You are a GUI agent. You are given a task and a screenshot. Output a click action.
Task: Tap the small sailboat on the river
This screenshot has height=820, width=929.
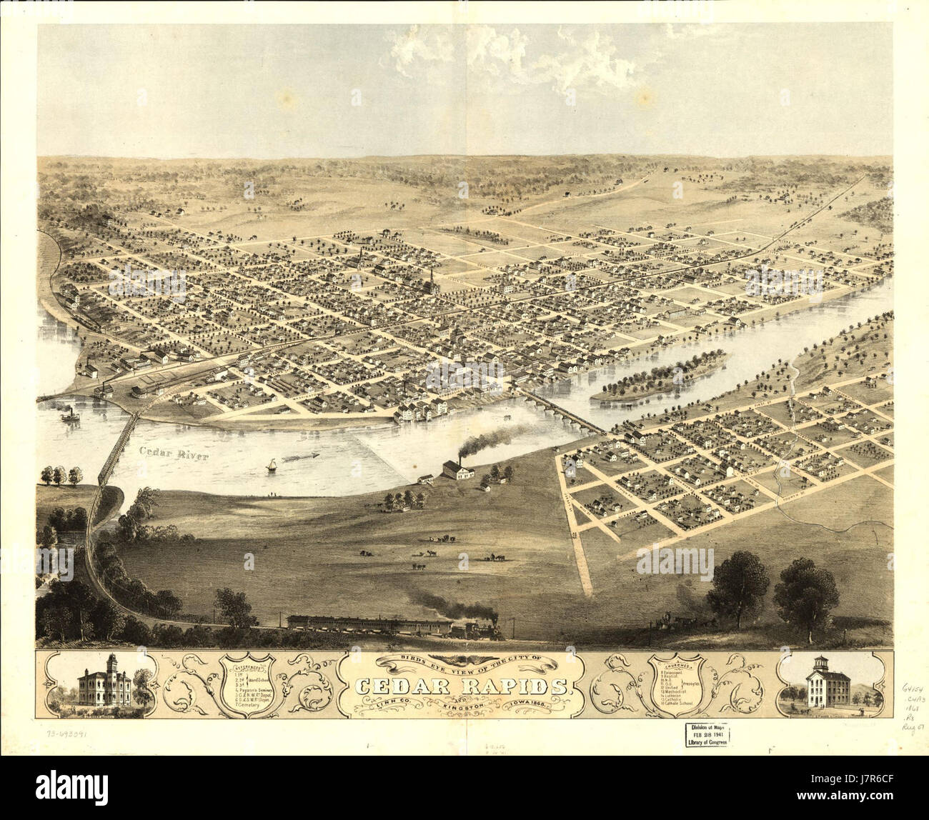[272, 465]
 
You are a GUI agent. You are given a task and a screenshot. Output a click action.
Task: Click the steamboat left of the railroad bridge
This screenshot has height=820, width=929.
[71, 414]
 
